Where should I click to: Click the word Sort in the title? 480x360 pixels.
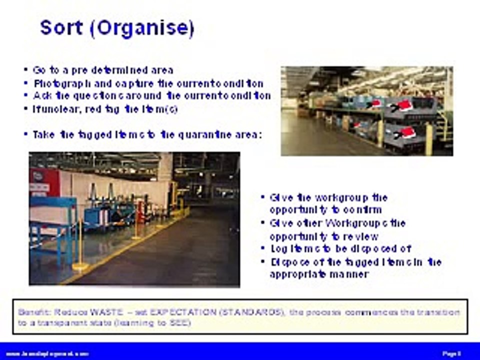click(61, 27)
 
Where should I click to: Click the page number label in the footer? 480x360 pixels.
click(451, 353)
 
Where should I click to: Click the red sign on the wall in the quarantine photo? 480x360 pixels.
click(37, 176)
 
